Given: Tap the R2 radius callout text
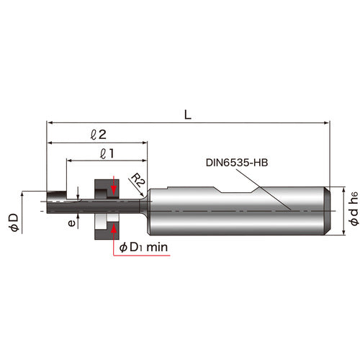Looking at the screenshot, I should tap(137, 180).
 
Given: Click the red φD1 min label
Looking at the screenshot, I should tap(144, 248).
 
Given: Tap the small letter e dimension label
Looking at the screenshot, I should tap(71, 223).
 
